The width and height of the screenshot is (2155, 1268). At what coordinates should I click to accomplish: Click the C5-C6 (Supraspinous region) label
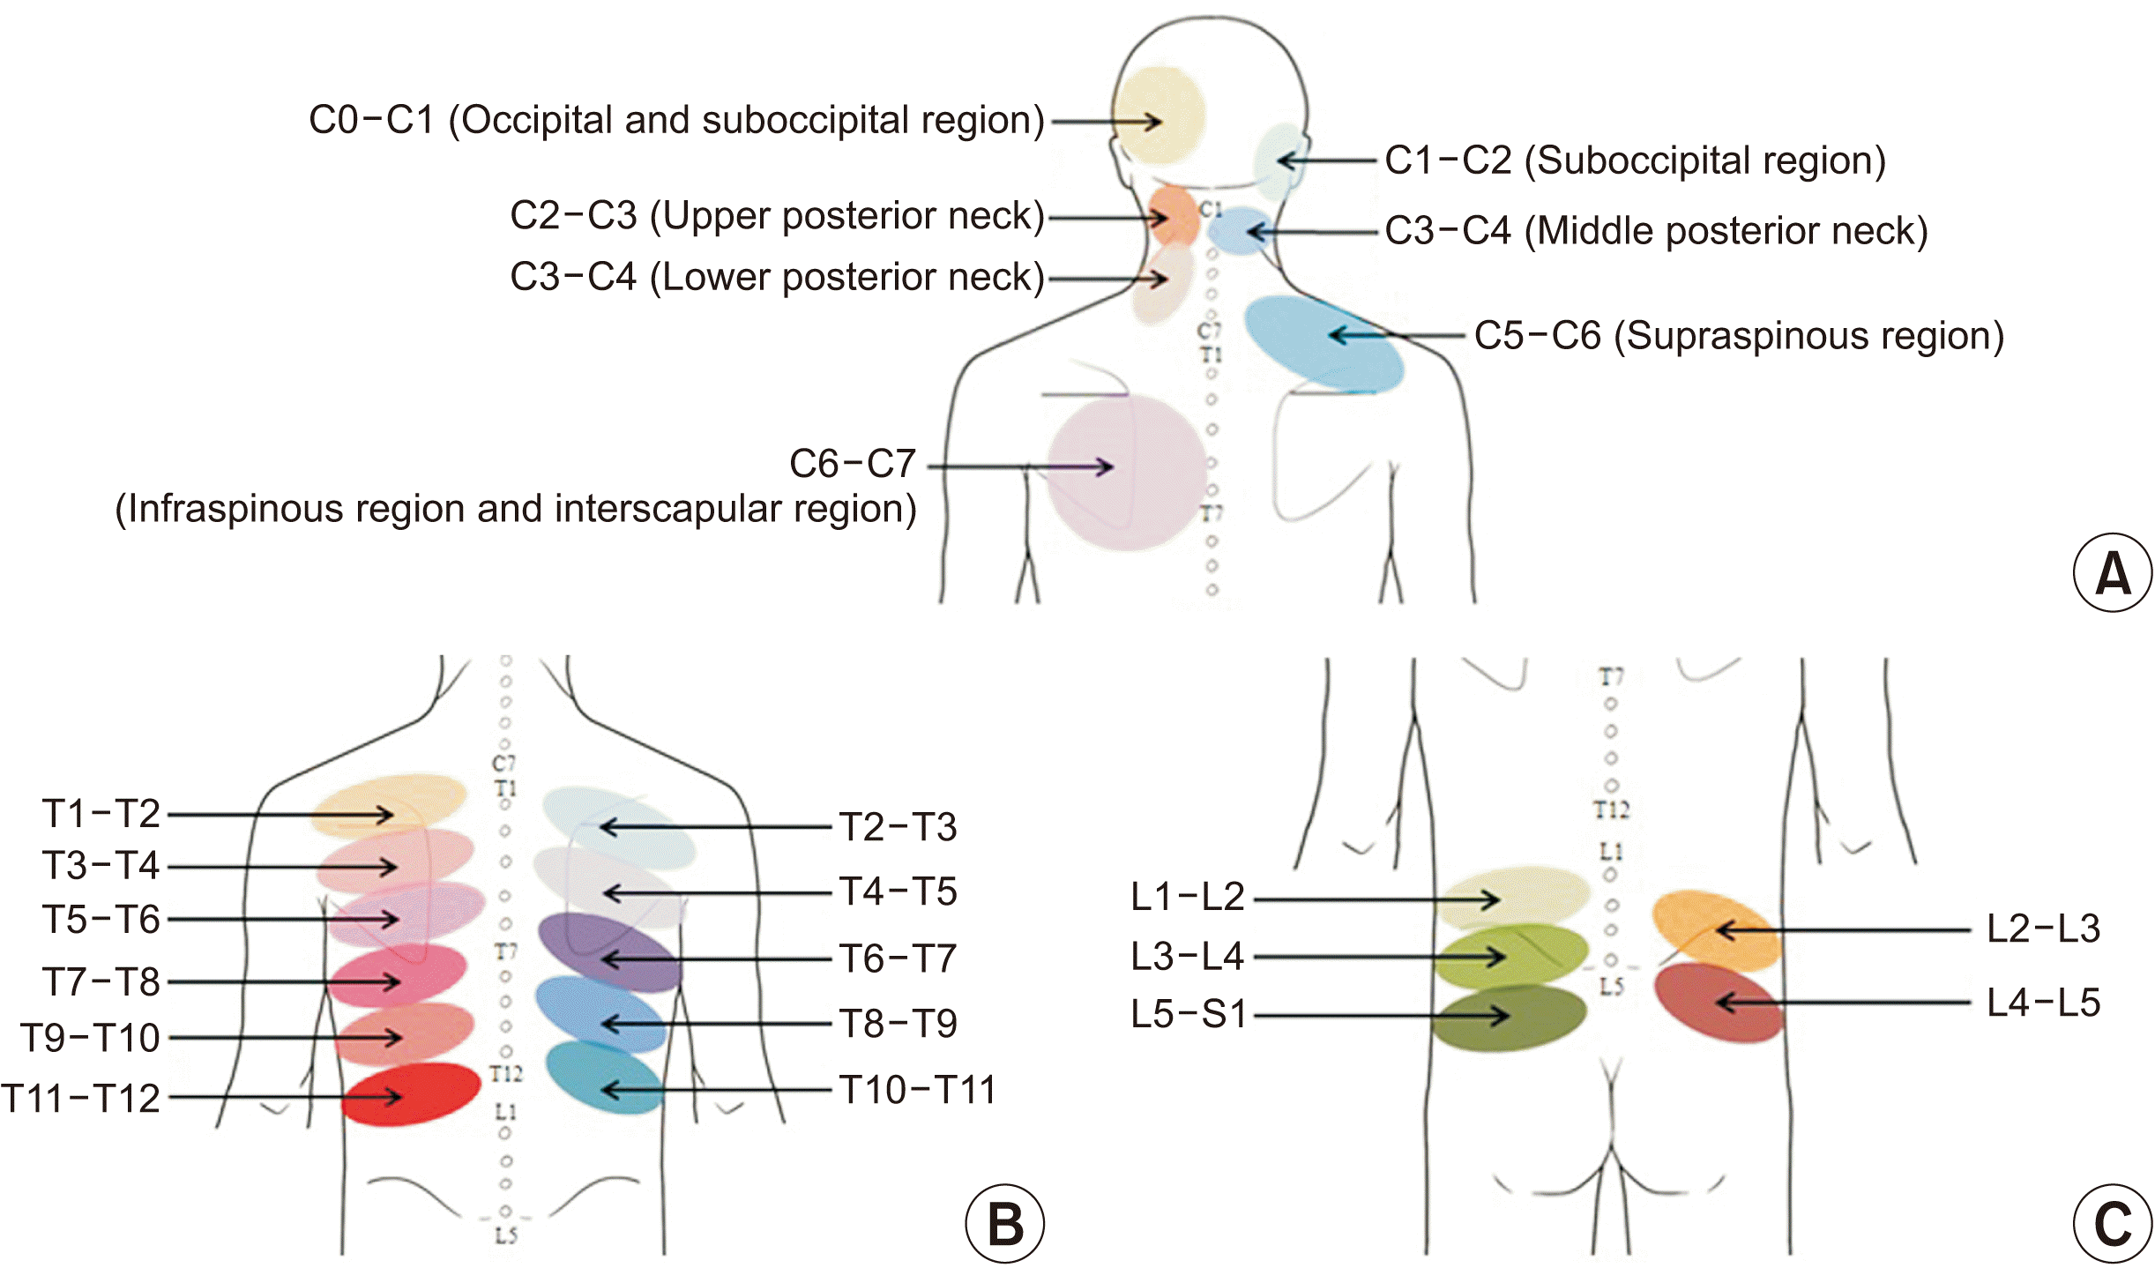1739,336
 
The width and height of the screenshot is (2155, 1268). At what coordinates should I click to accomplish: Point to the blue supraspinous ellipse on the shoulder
1323,344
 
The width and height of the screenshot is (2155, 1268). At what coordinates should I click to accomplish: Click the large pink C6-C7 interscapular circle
1127,473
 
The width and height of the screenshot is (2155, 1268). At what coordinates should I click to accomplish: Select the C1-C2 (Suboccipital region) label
1635,160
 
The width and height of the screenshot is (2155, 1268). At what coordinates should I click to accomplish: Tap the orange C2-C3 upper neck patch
1173,215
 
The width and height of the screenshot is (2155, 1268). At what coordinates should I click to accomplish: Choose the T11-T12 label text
81,1099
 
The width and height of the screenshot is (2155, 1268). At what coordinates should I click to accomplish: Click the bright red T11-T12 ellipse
411,1094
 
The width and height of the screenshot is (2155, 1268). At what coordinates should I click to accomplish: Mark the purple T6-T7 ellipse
609,952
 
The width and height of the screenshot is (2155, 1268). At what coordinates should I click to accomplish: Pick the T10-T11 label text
917,1090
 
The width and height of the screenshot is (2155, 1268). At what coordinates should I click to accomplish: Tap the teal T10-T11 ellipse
604,1078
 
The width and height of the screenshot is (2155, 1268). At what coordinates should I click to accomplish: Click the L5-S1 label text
1189,1014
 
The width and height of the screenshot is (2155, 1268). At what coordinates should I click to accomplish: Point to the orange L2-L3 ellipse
1716,929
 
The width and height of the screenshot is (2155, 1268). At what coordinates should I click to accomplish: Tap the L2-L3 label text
2043,929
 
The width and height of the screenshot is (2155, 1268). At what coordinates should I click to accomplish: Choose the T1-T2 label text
101,813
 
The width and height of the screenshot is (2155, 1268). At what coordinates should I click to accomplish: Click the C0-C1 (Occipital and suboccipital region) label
676,120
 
